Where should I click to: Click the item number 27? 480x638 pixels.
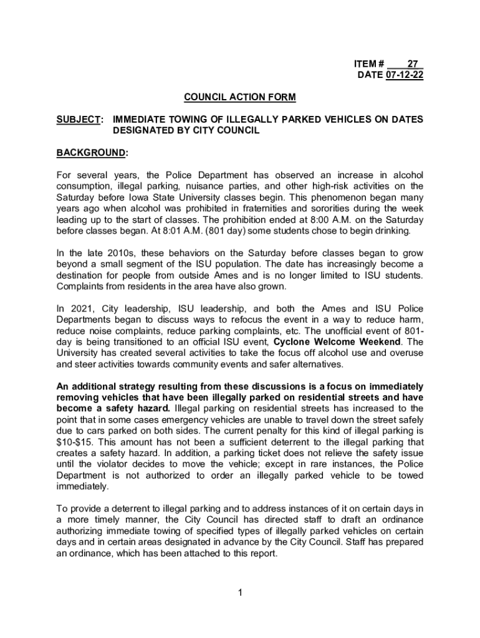click(x=412, y=64)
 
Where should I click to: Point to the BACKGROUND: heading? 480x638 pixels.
click(x=92, y=153)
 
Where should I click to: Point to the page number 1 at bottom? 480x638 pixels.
click(x=240, y=592)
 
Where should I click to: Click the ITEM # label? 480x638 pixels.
click(x=369, y=64)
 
